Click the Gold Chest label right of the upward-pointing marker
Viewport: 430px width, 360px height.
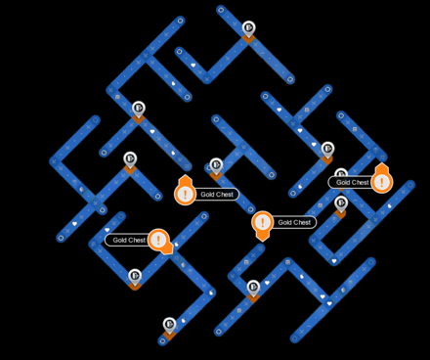216,194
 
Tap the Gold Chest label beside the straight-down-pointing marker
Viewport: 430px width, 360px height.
294,222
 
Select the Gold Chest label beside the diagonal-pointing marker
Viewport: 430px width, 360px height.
128,240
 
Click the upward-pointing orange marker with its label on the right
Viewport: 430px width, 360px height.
186,192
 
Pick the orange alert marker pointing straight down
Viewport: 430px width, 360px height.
262,224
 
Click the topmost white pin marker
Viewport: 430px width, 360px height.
248,28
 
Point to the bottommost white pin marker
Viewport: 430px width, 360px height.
169,323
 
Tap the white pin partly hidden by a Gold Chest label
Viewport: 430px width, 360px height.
341,175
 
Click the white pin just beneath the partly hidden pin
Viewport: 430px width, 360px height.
341,203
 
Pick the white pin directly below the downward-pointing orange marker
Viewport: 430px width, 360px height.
253,287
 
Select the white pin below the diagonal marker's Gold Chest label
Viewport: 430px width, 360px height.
135,276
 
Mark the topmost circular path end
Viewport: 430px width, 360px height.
221,10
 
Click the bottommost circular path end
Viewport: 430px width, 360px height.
162,341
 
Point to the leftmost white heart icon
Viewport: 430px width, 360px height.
74,224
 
